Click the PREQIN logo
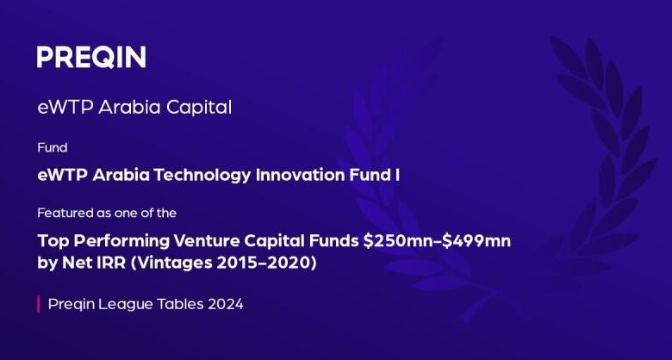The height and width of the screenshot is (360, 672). [91, 57]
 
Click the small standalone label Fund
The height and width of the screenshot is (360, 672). [53, 148]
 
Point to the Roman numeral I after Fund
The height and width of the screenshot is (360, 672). [398, 176]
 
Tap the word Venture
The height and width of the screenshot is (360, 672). [208, 241]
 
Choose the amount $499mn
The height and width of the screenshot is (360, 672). [476, 241]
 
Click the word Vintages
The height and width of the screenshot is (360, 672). [173, 264]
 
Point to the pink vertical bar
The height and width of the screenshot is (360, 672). [39, 304]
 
